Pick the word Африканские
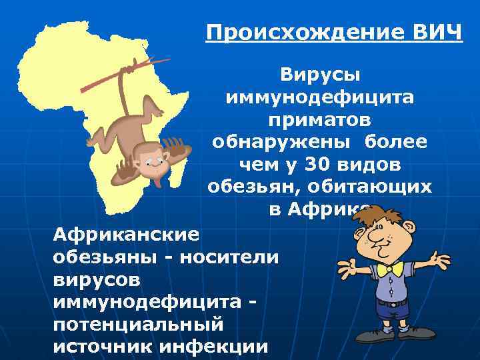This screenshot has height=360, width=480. click(x=127, y=234)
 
